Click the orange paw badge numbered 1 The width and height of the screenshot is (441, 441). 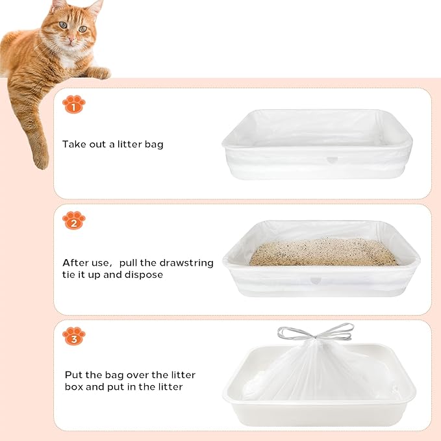click(73, 104)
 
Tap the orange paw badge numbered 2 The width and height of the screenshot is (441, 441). click(73, 221)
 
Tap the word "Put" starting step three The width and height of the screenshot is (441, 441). click(73, 375)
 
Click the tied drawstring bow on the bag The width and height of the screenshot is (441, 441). click(316, 334)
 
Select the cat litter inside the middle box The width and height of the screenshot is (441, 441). click(323, 252)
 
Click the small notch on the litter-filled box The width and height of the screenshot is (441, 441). click(316, 281)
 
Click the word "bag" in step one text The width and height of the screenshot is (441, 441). click(153, 144)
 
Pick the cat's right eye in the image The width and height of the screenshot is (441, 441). click(62, 25)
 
